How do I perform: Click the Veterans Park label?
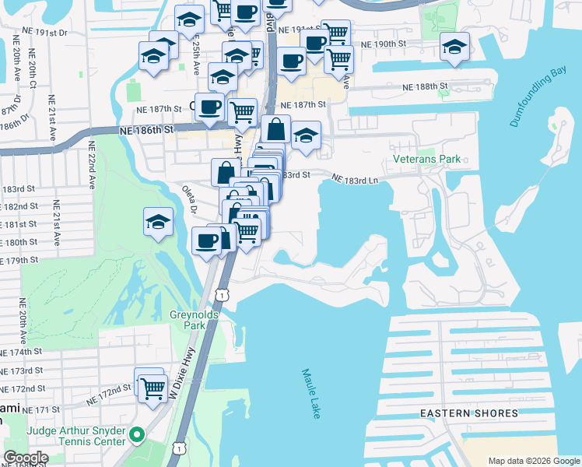tap(432, 160)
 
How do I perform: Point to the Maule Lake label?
tap(311, 393)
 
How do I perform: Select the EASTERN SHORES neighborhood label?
tap(469, 413)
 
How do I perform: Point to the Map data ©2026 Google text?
tap(534, 461)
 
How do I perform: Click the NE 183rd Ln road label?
tap(354, 179)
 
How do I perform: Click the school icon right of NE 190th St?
tap(454, 47)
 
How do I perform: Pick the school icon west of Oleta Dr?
tap(158, 222)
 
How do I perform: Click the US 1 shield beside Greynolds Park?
tap(223, 295)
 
